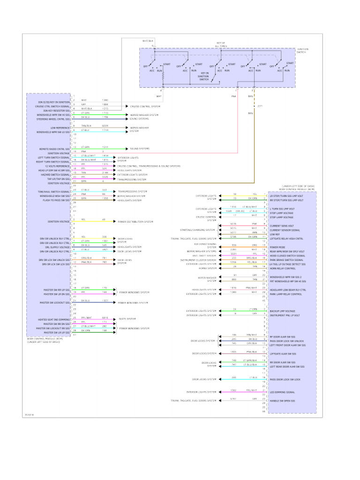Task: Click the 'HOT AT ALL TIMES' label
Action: [x=220, y=45]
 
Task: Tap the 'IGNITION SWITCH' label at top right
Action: [x=302, y=50]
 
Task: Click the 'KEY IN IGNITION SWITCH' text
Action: [x=204, y=76]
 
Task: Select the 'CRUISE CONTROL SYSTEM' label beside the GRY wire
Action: [x=145, y=106]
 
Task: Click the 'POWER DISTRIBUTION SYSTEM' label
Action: [x=135, y=221]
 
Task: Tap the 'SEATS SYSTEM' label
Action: [x=127, y=318]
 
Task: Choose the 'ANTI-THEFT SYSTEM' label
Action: [x=205, y=255]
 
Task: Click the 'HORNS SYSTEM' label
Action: [x=208, y=268]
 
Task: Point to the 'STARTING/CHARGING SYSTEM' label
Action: [x=198, y=230]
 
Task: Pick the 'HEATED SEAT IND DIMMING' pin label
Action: [x=54, y=320]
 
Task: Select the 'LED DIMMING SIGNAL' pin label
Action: [x=282, y=392]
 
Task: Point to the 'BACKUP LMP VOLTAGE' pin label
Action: [x=283, y=311]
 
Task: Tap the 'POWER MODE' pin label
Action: [x=277, y=247]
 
